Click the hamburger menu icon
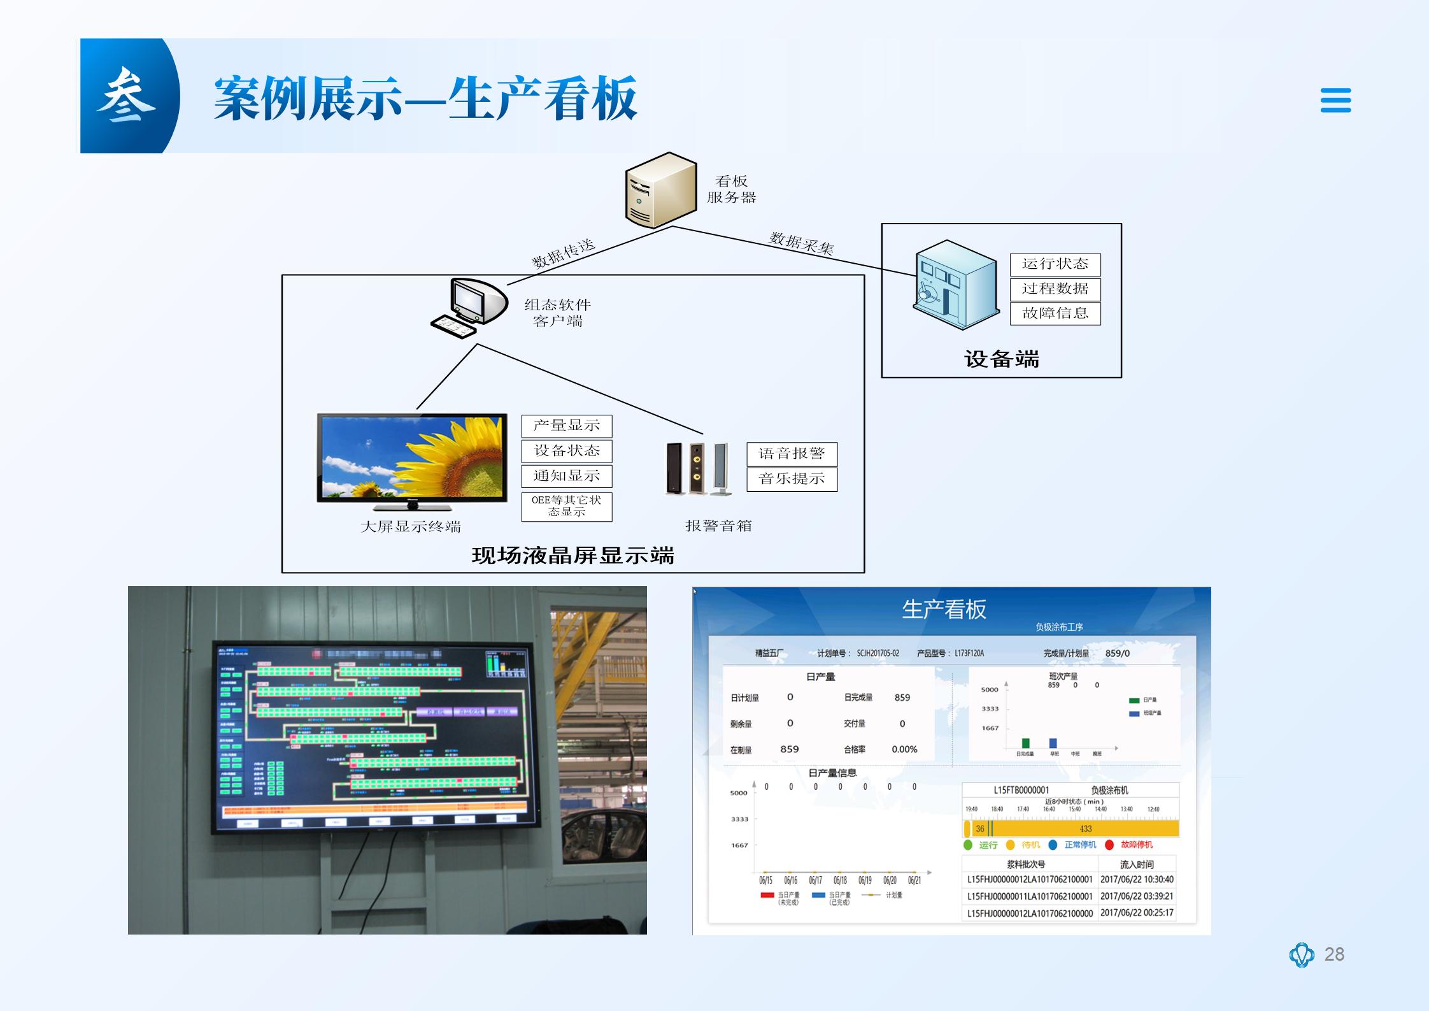click(1335, 100)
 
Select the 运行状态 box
click(1055, 264)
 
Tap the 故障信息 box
click(1055, 313)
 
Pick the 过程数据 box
click(1055, 289)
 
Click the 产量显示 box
click(566, 426)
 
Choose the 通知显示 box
click(566, 476)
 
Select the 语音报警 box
click(792, 454)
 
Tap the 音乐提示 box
click(792, 479)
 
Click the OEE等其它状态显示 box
click(566, 506)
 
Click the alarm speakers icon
click(697, 468)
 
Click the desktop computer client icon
click(469, 308)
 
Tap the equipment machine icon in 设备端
click(955, 284)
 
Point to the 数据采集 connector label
click(801, 243)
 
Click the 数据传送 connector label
click(563, 254)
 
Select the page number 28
click(1333, 954)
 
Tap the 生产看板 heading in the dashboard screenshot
click(944, 610)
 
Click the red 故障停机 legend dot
click(1109, 845)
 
